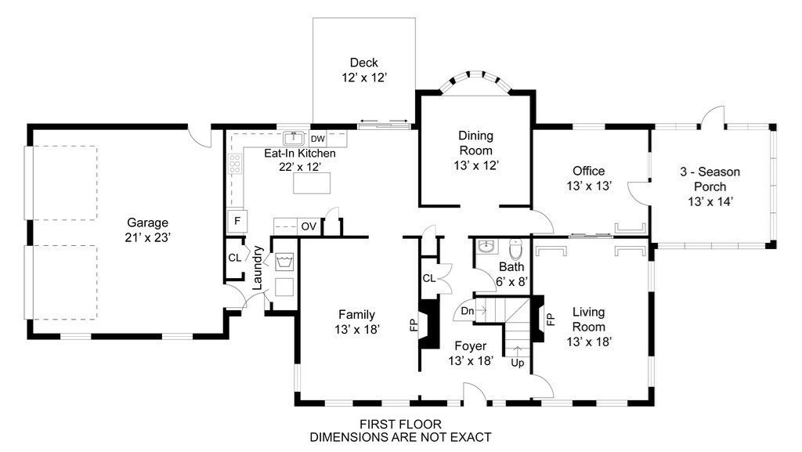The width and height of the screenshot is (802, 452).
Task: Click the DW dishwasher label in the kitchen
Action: pos(318,139)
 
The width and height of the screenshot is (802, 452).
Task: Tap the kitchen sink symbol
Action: pos(294,139)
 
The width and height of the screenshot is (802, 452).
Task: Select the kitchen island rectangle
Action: pos(312,183)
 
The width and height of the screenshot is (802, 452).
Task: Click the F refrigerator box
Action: pos(237,222)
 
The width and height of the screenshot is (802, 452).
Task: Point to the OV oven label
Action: pos(309,226)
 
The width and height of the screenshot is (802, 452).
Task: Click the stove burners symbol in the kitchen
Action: pos(235,164)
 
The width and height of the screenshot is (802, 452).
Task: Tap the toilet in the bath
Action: pos(515,249)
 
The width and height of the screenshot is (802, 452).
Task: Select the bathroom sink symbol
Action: pos(486,247)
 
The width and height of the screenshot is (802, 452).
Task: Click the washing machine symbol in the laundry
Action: pos(284,262)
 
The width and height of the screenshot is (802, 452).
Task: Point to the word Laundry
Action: pos(257,268)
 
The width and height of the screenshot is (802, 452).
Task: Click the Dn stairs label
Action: pos(468,311)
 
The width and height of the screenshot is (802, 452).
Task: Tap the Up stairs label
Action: pos(518,363)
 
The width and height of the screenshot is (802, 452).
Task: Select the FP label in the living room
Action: pos(551,320)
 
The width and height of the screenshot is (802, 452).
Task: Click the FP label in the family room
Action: pos(414,325)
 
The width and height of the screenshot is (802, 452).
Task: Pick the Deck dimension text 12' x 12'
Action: pos(364,78)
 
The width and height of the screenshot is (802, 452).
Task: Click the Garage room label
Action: pos(147,222)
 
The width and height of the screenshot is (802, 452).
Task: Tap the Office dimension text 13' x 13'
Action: pos(589,186)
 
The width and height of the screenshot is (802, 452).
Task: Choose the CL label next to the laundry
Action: pos(235,258)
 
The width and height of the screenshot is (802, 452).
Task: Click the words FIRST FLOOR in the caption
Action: pos(400,424)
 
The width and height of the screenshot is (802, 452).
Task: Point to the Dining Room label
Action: pos(475,143)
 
